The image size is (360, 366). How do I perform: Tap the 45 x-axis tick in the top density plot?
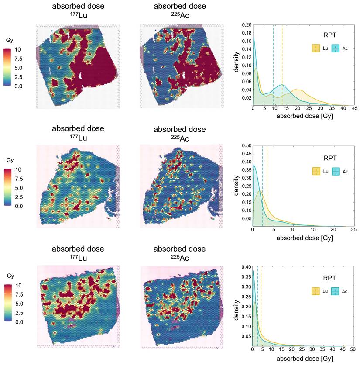tap(354, 108)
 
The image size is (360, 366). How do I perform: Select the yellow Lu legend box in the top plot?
tap(315, 48)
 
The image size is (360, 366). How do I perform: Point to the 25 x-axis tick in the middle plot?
tap(353, 229)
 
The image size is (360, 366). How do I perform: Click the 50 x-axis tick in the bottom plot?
tap(353, 350)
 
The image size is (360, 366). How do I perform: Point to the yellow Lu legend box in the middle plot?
tap(315, 171)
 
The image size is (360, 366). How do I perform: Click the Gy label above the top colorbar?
tap(10, 40)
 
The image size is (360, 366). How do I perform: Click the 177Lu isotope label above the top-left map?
tap(78, 17)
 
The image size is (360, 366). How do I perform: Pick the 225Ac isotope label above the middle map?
tap(179, 139)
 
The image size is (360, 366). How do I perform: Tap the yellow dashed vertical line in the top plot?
tap(282, 66)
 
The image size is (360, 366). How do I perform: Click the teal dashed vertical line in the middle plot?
tap(262, 188)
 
